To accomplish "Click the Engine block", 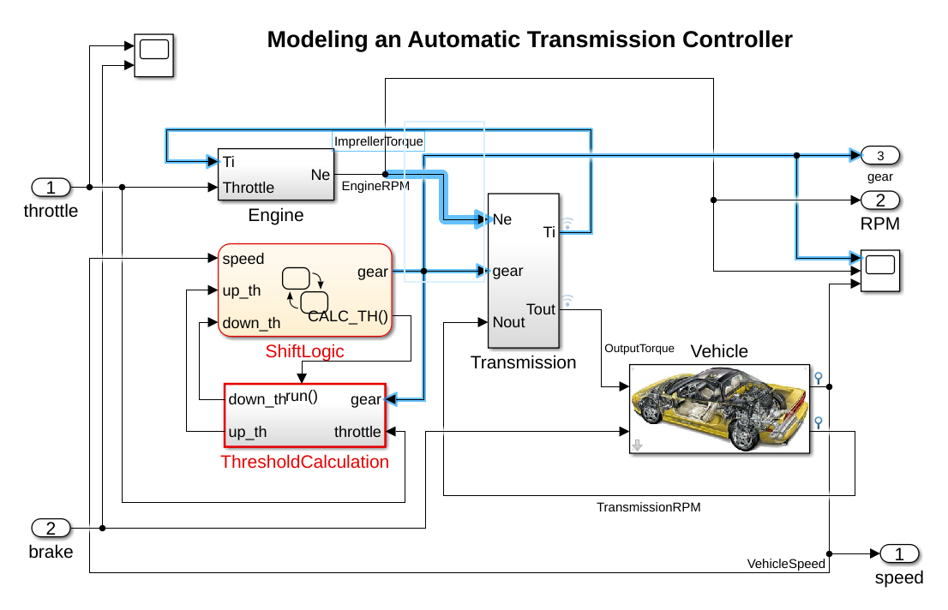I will click(276, 174).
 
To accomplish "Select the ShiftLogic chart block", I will click(304, 290).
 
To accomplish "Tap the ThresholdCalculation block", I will click(305, 415).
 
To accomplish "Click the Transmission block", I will click(523, 270).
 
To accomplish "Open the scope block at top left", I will click(154, 56).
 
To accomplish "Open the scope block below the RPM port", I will click(880, 271).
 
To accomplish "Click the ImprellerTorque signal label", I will click(378, 141).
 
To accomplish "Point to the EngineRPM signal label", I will click(375, 185).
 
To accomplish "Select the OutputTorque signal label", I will click(639, 349).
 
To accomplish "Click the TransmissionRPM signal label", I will click(649, 507).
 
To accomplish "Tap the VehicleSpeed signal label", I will click(786, 564).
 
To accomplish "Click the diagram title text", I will click(530, 39).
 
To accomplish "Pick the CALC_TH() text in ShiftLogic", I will click(348, 316).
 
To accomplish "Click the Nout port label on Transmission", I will click(509, 322).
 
